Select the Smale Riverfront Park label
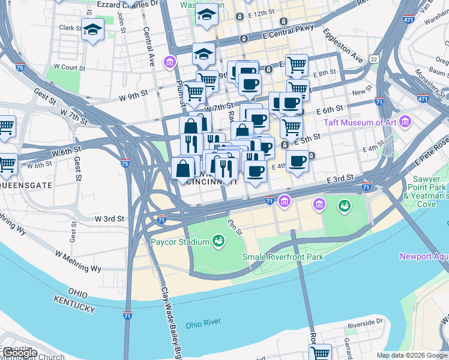[x=283, y=257]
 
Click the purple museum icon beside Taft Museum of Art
[x=405, y=122]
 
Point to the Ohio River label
[x=203, y=324]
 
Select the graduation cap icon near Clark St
[x=93, y=30]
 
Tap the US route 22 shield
[x=375, y=59]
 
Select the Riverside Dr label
[x=365, y=322]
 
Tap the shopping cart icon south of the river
[x=321, y=353]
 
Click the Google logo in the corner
[x=20, y=353]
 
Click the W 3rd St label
[x=109, y=219]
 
